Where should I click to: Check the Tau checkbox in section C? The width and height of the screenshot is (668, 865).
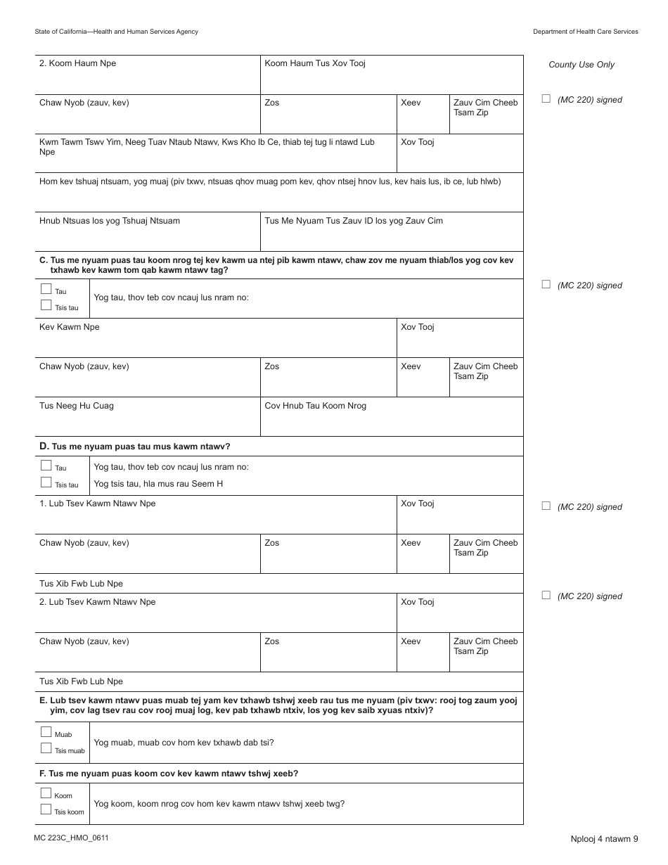click(46, 289)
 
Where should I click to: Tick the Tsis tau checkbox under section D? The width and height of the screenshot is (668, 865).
click(46, 482)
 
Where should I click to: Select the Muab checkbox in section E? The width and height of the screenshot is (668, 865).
click(46, 733)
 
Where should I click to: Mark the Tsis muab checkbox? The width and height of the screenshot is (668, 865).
click(46, 748)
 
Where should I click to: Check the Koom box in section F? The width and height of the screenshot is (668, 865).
click(46, 793)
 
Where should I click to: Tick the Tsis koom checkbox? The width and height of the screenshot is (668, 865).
click(46, 809)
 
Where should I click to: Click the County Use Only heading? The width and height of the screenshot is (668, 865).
click(581, 65)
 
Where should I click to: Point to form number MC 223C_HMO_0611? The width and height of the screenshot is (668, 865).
click(70, 838)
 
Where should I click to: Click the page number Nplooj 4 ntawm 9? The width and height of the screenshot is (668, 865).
click(604, 838)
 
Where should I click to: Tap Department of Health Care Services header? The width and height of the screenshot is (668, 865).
click(585, 32)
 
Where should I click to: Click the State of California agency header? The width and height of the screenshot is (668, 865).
click(116, 32)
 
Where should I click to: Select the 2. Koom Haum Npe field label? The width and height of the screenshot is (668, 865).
click(77, 63)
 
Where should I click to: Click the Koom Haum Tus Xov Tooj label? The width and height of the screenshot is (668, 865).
click(314, 63)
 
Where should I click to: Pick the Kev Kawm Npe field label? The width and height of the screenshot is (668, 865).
click(69, 327)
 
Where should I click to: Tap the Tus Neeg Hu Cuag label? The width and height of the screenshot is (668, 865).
click(76, 406)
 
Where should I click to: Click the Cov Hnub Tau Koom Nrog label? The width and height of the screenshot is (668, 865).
click(315, 406)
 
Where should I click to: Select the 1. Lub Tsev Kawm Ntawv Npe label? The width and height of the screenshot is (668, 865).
click(97, 504)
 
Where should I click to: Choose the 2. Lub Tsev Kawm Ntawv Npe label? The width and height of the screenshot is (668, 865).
click(97, 602)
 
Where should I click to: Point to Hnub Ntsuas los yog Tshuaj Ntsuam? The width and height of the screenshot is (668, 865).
click(109, 221)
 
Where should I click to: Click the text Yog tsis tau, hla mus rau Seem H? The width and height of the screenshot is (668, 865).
click(158, 484)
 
